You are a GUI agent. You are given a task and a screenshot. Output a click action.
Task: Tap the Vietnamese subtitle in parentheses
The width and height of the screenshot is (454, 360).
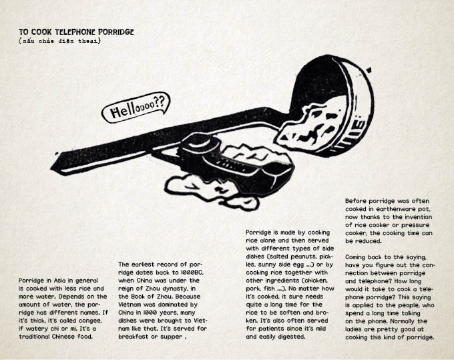pos(59,41)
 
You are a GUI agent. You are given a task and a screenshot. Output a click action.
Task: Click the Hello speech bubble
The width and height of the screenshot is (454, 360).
pos(136,108)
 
